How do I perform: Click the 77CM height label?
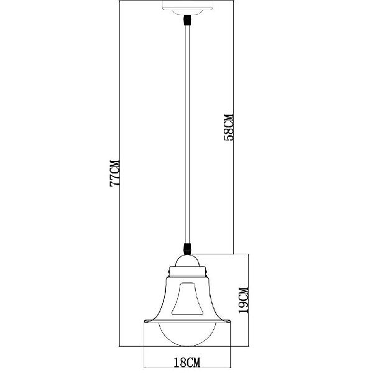114,173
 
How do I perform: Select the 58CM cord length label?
229,127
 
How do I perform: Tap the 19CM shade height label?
244,300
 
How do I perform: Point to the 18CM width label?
187,362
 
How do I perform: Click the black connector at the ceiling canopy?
188,20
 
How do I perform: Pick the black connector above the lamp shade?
188,249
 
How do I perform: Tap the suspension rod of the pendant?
188,134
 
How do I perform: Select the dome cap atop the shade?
188,260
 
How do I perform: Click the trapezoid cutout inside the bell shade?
188,299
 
